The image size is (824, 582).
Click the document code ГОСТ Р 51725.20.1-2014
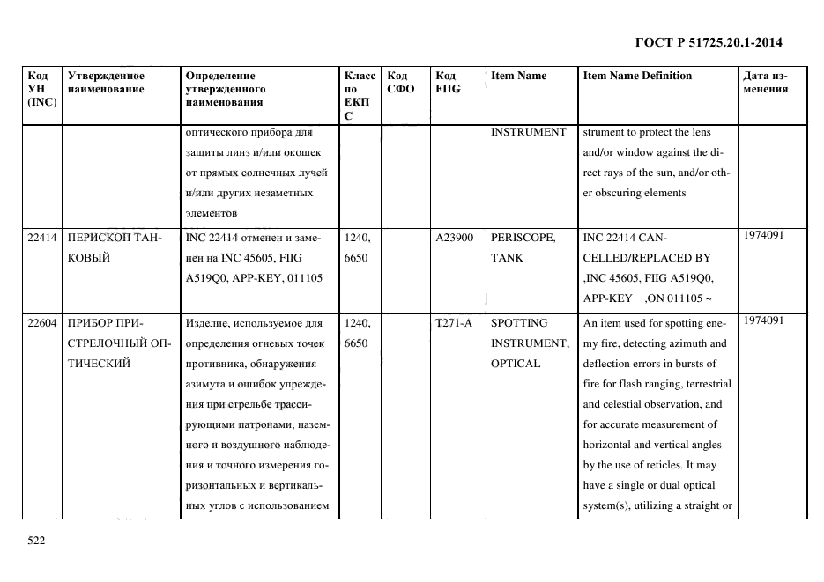[708, 42]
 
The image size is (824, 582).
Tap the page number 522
[36, 541]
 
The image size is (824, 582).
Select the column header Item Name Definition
[637, 76]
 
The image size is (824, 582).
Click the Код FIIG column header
[448, 82]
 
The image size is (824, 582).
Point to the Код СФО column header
[401, 82]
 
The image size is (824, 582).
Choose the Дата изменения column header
[765, 82]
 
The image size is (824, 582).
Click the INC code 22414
[41, 238]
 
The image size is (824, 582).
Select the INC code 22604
[41, 323]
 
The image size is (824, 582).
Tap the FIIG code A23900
[454, 238]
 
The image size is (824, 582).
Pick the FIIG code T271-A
[454, 323]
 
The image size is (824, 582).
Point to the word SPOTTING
[518, 323]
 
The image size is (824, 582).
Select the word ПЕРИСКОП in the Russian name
[99, 238]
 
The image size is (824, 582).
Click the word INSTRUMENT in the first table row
[528, 132]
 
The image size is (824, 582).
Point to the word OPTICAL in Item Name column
[516, 364]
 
